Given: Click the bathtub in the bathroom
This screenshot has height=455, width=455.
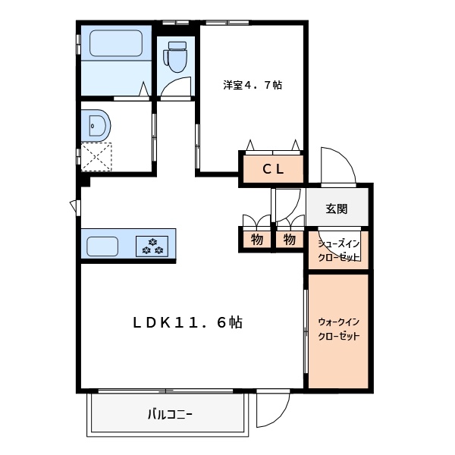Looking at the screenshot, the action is click(x=116, y=43).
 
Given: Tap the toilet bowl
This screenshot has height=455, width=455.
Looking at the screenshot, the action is click(x=176, y=61).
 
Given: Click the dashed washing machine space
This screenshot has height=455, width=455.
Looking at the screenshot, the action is click(x=96, y=157).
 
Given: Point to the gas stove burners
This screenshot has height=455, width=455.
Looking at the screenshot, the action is click(x=152, y=246).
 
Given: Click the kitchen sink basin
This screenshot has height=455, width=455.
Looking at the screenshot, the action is click(x=102, y=246).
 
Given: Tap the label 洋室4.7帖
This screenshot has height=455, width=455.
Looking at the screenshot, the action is click(x=253, y=85).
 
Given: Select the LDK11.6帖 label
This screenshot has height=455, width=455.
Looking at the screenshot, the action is click(x=187, y=322).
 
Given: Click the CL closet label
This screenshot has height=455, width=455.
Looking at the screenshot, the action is click(x=273, y=169).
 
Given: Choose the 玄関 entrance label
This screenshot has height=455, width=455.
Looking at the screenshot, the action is click(x=337, y=209).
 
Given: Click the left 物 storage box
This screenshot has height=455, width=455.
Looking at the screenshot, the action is click(x=257, y=240).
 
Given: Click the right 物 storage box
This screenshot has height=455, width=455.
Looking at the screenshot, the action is click(x=290, y=240).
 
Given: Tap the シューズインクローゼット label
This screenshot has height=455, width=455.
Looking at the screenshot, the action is click(x=339, y=250).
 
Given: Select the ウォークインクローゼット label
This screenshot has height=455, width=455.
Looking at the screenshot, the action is click(x=339, y=329).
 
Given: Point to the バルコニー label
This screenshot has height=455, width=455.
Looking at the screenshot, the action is click(x=170, y=414).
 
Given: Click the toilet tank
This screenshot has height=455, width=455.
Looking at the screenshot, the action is click(x=177, y=45).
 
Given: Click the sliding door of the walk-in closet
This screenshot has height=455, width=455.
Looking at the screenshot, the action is click(x=306, y=331).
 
